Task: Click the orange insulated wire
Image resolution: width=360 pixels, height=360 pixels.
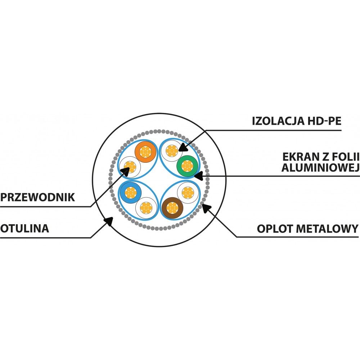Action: tap(145, 152)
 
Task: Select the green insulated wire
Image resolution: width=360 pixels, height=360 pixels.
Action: tap(187, 166)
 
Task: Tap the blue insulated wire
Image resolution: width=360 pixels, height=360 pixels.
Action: tap(131, 192)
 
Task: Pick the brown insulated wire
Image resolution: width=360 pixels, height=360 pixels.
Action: tap(172, 208)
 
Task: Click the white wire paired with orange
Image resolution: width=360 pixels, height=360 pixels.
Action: tap(130, 167)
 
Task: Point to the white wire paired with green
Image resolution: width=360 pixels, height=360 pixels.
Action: tap(172, 151)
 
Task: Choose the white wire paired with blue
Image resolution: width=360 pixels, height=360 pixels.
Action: tap(146, 208)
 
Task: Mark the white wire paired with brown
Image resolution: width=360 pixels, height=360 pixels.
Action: tap(188, 192)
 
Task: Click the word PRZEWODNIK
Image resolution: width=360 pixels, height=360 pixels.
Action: tap(38, 197)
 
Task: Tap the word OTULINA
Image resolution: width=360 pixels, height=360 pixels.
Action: tap(24, 229)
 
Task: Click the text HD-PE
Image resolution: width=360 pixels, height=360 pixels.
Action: tap(324, 121)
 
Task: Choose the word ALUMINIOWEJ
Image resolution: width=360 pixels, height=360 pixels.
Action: tap(320, 168)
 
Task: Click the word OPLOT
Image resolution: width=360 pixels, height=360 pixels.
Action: tap(275, 229)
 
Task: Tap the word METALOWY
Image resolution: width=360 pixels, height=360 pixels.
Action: tap(327, 229)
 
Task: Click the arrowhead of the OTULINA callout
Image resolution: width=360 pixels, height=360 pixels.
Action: tap(109, 221)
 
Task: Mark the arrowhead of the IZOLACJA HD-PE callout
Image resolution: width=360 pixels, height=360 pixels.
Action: tap(183, 147)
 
